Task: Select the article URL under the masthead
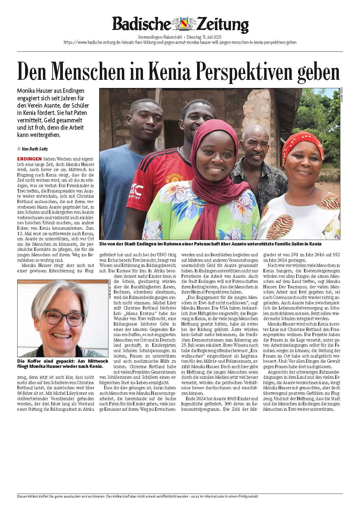click(180, 42)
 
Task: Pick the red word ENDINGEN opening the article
click(29, 159)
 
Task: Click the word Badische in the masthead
click(141, 24)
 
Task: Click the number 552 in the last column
click(336, 255)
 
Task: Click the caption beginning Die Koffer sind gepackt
click(62, 364)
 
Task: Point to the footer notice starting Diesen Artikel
click(138, 496)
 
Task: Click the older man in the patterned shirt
click(257, 163)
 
